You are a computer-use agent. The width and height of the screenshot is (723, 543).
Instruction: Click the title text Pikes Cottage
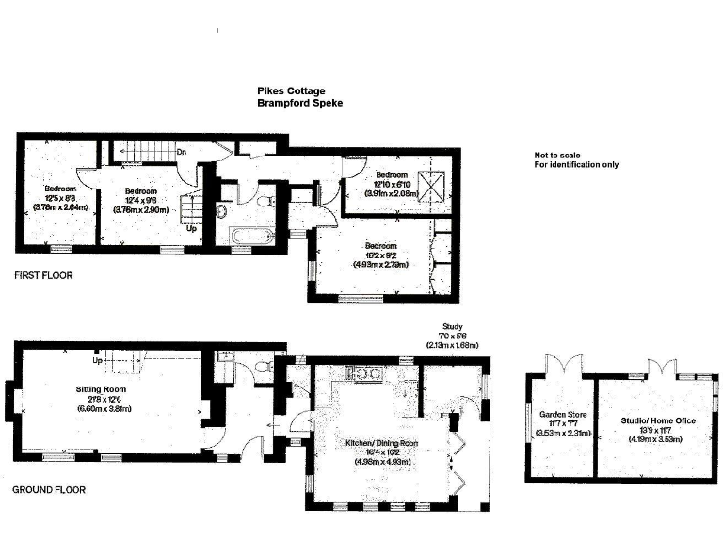(291, 91)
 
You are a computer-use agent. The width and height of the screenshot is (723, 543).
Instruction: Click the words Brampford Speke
(299, 103)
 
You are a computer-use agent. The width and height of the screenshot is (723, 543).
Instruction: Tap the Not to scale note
(557, 155)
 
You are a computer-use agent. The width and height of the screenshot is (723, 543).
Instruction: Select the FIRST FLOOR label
(42, 276)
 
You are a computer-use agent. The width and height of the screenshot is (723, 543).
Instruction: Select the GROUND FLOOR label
(48, 489)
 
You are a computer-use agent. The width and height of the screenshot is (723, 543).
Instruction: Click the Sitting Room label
(102, 388)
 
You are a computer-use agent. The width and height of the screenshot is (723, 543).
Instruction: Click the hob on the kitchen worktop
(366, 373)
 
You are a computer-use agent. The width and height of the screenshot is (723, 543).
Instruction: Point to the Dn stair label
(184, 151)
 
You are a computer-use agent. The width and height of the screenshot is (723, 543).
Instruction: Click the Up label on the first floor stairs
(191, 228)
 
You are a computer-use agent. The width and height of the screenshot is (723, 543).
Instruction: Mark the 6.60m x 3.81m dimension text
(102, 408)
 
